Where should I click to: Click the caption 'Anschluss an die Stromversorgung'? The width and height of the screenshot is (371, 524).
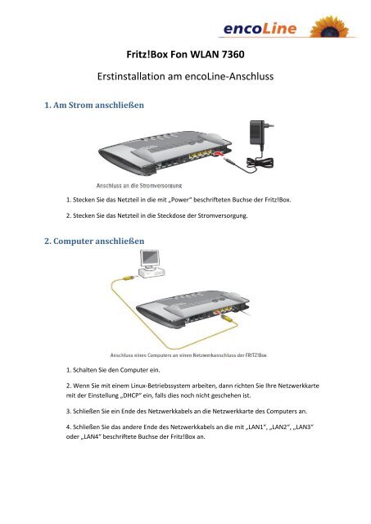[x=144, y=186]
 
